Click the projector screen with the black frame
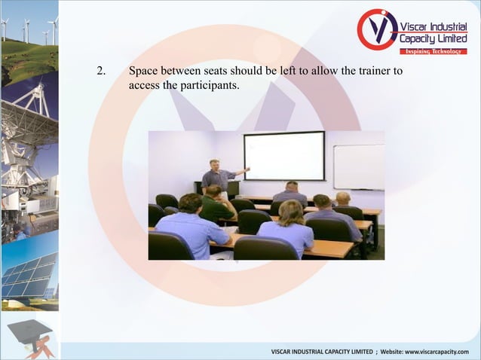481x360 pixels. pos(283,156)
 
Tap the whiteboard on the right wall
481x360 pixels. pos(359,166)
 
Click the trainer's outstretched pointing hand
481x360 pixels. pos(247,169)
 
